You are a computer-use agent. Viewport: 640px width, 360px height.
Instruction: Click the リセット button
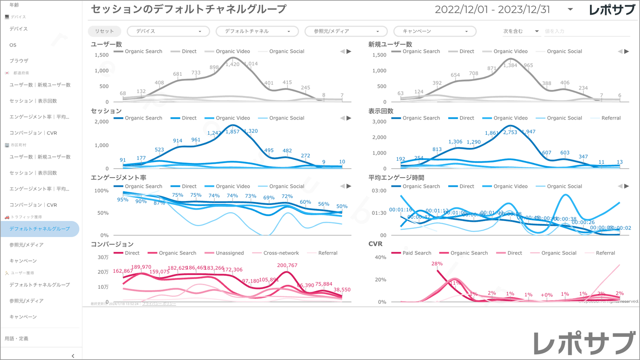coord(105,31)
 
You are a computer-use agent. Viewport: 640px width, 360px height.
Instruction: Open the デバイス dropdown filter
coord(168,31)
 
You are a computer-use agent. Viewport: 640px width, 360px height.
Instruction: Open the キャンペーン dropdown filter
coord(434,31)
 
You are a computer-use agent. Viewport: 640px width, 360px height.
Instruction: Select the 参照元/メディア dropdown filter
coord(345,31)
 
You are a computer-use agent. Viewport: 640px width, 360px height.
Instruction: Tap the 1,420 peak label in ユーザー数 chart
coord(233,64)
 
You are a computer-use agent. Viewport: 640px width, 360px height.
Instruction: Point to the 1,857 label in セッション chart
coord(233,132)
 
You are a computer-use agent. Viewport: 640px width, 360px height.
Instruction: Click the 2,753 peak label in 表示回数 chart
coord(510,132)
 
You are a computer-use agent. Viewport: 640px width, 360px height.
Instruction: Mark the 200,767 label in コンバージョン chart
coord(287,266)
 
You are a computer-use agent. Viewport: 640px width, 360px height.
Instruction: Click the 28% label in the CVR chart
coord(437,264)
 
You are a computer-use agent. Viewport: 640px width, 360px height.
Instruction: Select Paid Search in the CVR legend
coord(417,253)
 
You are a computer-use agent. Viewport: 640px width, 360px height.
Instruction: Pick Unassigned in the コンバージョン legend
coord(229,253)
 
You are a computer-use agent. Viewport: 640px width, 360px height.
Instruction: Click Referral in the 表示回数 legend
coord(611,118)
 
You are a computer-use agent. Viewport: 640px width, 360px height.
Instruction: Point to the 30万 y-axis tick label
coord(103,257)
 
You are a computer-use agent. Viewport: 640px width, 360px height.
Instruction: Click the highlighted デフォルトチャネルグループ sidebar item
coord(39,229)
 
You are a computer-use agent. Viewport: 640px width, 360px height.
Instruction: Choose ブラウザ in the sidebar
coord(19,61)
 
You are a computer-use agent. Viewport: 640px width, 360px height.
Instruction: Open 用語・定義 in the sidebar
coord(16,339)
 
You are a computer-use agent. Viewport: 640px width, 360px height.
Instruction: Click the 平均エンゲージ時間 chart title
coord(396,178)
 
